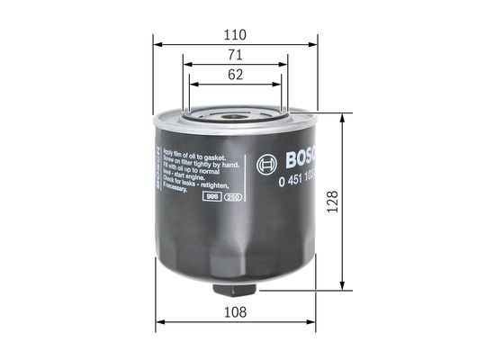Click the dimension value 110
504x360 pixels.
point(235,34)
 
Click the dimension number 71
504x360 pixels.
point(235,56)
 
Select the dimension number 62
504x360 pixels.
point(235,76)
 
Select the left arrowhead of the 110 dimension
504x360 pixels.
point(157,43)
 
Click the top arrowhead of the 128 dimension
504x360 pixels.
point(342,118)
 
